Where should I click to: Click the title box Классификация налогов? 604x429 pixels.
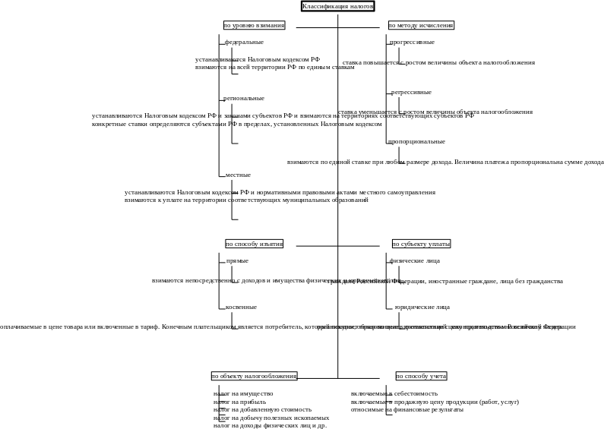pyautogui.click(x=338, y=6)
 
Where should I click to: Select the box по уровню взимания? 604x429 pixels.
pyautogui.click(x=255, y=25)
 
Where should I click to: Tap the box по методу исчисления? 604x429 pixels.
pyautogui.click(x=421, y=25)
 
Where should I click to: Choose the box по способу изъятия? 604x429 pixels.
pyautogui.click(x=255, y=244)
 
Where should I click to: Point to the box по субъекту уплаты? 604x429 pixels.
pyautogui.click(x=421, y=244)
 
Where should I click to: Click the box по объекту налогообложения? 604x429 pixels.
pyautogui.click(x=254, y=376)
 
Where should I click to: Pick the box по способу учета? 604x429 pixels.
pyautogui.click(x=421, y=376)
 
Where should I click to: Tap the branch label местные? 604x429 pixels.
pyautogui.click(x=239, y=175)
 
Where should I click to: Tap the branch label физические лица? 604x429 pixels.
pyautogui.click(x=415, y=261)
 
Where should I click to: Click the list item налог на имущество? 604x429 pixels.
pyautogui.click(x=243, y=394)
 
